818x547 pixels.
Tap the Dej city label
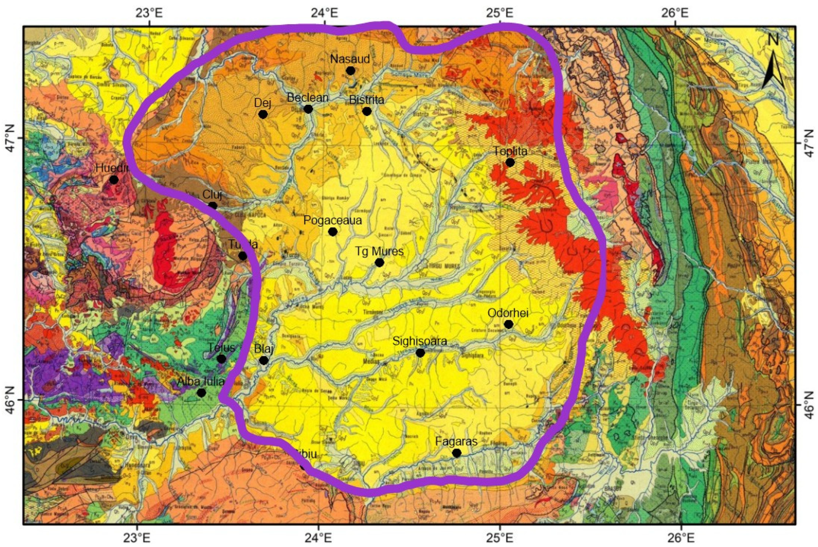coord(263,103)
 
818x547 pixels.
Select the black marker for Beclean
coord(308,109)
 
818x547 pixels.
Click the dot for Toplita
coord(510,163)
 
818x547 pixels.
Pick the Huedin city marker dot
coord(114,180)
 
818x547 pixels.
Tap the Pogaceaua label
coord(332,220)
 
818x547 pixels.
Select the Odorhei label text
coord(508,313)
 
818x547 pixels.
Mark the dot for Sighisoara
coord(420,353)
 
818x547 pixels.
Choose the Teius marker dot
coord(221,359)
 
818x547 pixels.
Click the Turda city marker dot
coord(243,256)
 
